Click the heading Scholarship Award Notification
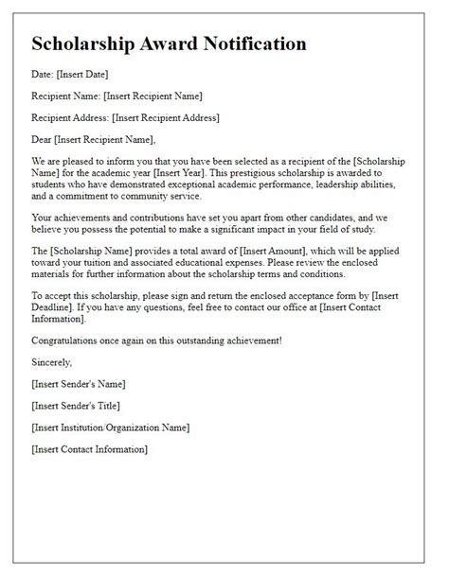tap(169, 44)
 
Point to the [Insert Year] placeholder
tap(224, 175)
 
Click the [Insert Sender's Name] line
tap(78, 383)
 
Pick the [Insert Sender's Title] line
tap(75, 406)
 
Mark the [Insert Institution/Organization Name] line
tap(110, 428)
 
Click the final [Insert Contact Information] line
tap(90, 449)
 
